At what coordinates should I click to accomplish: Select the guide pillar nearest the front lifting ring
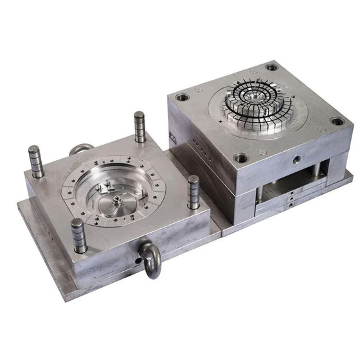[78, 236]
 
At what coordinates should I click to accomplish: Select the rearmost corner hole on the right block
[272, 66]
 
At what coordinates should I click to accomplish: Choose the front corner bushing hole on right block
[240, 157]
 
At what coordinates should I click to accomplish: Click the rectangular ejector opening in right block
[288, 187]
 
